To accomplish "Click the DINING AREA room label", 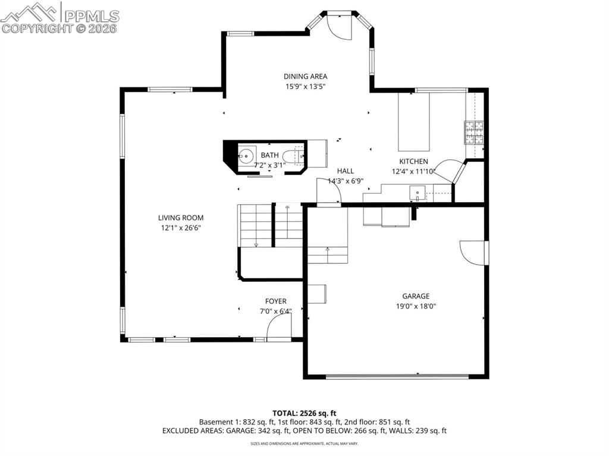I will [305, 76].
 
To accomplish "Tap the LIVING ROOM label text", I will [181, 218].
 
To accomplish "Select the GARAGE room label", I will [415, 296].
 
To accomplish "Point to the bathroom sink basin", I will [246, 156].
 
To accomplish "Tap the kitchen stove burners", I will [474, 133].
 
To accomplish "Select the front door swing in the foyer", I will [278, 328].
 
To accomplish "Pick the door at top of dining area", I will [340, 27].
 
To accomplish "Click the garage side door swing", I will [473, 252].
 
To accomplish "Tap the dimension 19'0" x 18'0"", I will [415, 306].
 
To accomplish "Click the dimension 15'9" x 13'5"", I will [305, 86].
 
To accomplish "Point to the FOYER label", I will [276, 301].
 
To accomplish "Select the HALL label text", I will [346, 171].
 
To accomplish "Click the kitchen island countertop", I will [413, 122].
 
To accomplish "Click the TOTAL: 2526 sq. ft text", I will [304, 413].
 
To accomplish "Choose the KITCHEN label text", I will [413, 161].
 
